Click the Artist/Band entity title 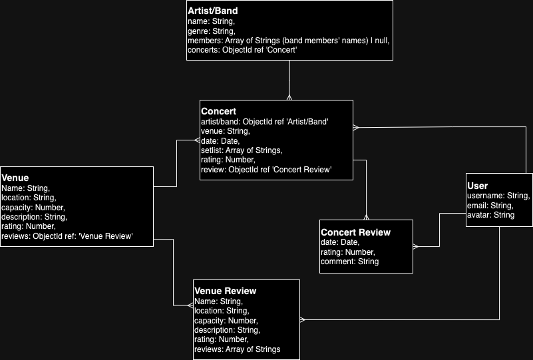[213, 11]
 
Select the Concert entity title [219, 111]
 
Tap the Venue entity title [15, 178]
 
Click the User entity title [478, 186]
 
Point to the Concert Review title [355, 232]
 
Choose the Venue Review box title [225, 291]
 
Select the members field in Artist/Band [288, 41]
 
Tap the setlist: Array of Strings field [242, 150]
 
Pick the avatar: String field [491, 215]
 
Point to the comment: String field [349, 262]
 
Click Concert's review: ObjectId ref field [266, 170]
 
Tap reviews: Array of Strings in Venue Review [237, 349]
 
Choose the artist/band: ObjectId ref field [265, 122]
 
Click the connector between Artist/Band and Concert [289, 80]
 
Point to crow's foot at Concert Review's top [366, 216]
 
